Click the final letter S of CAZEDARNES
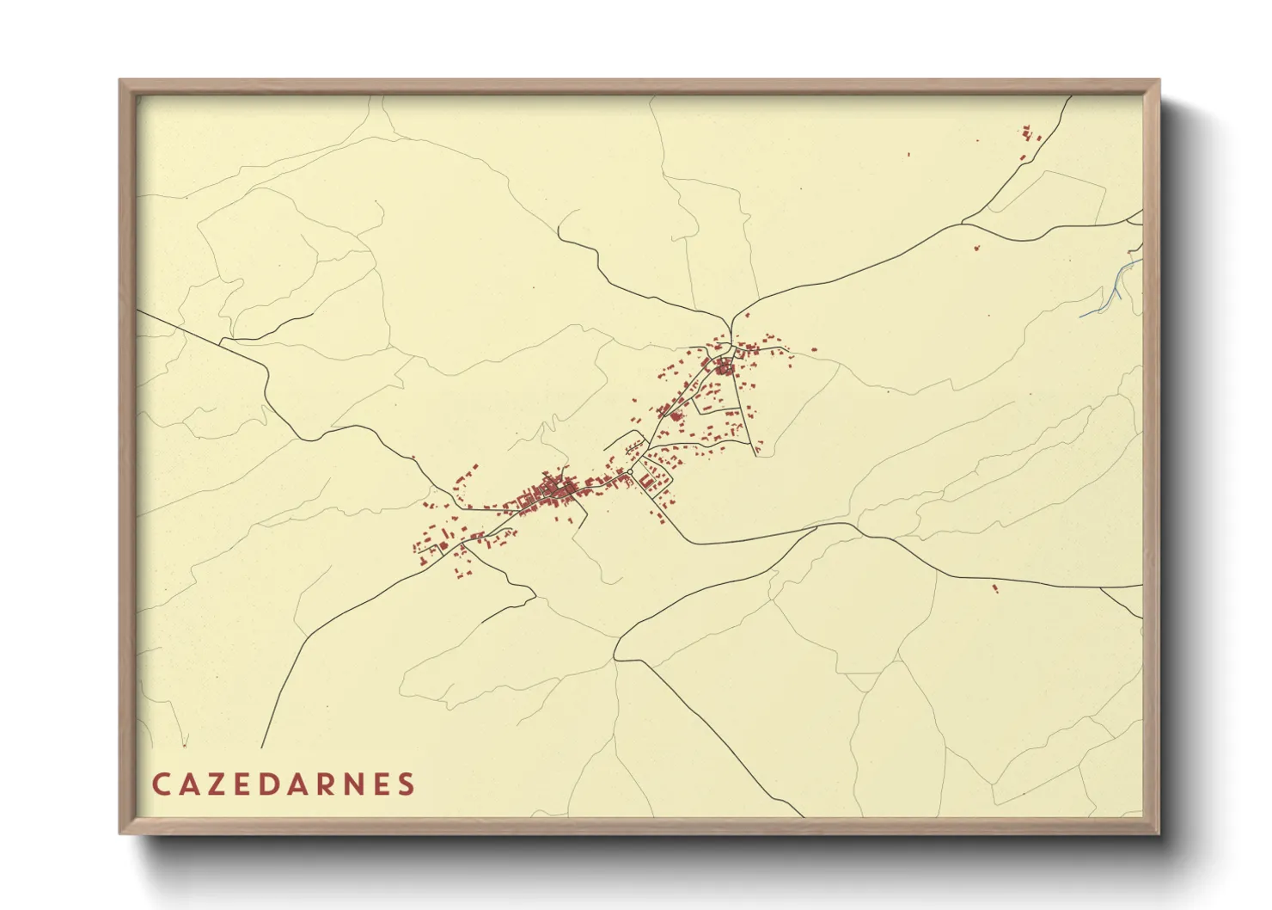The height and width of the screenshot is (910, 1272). point(407,784)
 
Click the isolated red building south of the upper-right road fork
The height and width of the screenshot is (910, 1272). point(976,248)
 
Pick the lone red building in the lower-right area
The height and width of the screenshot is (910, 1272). point(994,588)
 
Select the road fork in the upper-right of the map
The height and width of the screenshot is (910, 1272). point(963,224)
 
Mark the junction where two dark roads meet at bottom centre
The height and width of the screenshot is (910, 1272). point(615,660)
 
